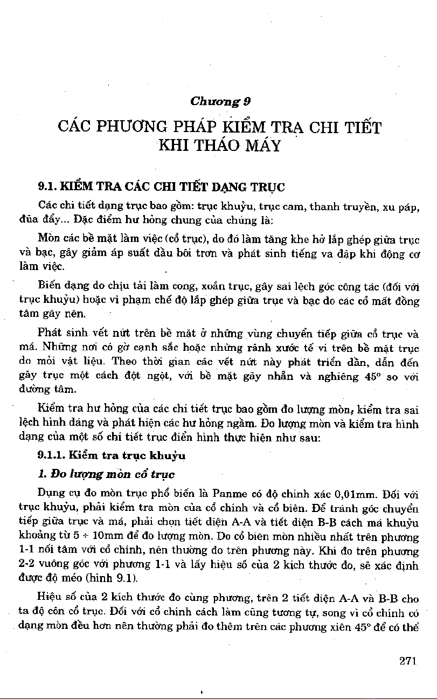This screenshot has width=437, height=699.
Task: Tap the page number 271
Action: pos(408,661)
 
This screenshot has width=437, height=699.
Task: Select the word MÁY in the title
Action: pos(262,146)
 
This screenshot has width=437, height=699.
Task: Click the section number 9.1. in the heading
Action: pos(47,188)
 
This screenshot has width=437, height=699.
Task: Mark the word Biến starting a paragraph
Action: pos(49,286)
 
